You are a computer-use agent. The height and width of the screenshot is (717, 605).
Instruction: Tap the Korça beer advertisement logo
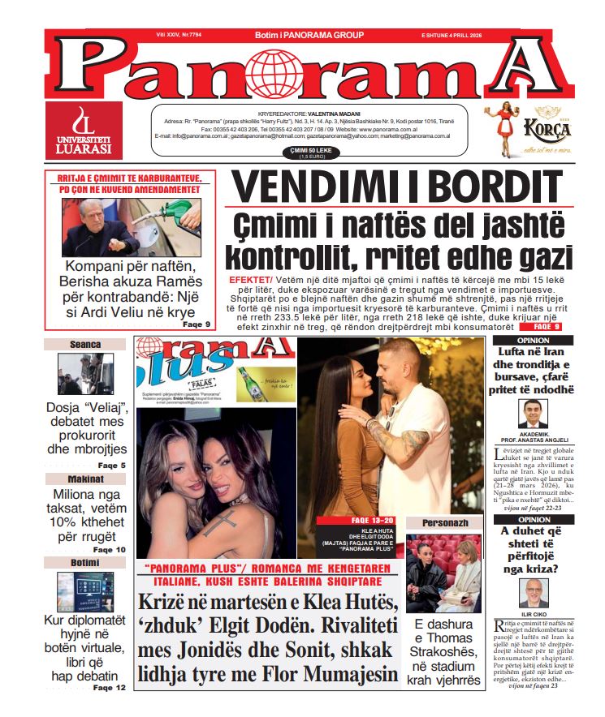coord(523,131)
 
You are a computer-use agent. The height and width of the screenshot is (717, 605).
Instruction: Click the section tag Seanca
coord(84,345)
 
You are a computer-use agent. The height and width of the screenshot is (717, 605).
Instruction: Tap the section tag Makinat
coord(84,479)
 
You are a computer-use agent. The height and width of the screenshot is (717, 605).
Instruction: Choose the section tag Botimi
coord(84,562)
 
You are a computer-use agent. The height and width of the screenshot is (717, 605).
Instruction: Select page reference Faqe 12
coord(110,688)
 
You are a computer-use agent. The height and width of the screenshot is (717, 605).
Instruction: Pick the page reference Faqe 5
coord(111,466)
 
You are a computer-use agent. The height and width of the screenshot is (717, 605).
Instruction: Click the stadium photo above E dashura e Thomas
coord(443,573)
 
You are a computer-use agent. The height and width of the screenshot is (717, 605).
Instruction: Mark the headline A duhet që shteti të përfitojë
coord(534,550)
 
